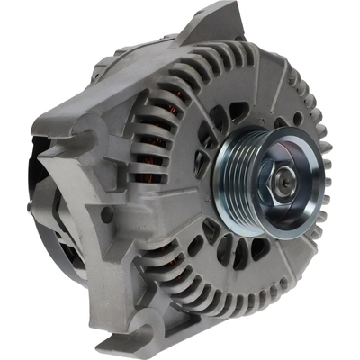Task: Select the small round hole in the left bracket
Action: point(106,213)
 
